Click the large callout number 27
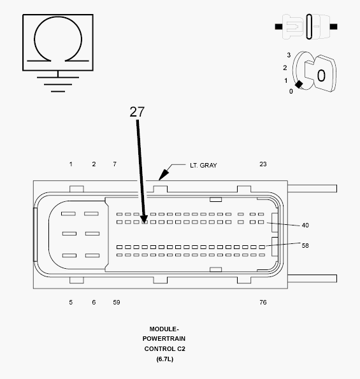(x=137, y=112)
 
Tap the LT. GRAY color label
(x=203, y=166)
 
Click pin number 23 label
(x=263, y=164)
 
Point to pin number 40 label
(x=305, y=225)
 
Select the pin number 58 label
(x=305, y=246)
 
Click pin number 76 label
(x=263, y=302)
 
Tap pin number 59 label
(x=117, y=302)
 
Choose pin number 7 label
(x=115, y=164)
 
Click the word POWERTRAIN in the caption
(x=164, y=339)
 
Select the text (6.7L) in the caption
(x=164, y=359)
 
